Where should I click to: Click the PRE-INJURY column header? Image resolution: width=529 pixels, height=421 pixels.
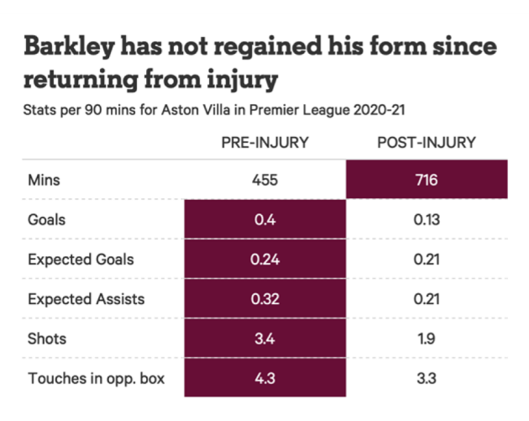click(264, 143)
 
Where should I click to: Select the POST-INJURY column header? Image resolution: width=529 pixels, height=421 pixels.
click(427, 143)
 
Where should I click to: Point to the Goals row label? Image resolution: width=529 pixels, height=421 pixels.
click(46, 219)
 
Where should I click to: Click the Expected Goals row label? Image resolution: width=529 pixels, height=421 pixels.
click(81, 259)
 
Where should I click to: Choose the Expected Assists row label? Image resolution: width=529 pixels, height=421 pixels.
click(86, 298)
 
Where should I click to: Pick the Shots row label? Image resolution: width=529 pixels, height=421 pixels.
click(46, 339)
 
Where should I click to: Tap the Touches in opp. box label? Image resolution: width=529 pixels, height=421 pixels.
click(96, 378)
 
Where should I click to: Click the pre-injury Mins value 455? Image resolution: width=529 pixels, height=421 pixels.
click(265, 179)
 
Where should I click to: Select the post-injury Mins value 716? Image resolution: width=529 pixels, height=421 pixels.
click(427, 179)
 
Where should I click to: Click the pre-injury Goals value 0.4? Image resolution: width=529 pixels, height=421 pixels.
click(265, 219)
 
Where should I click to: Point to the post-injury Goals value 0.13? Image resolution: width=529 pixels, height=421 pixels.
click(427, 219)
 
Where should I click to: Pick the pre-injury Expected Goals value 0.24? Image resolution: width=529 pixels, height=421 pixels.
click(265, 259)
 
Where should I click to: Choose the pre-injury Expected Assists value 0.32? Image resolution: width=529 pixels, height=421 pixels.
click(265, 298)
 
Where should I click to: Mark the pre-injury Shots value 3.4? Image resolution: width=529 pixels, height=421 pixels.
click(265, 339)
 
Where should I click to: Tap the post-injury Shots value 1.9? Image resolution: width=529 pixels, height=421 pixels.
click(427, 339)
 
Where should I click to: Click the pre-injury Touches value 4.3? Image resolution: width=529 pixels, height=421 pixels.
click(265, 378)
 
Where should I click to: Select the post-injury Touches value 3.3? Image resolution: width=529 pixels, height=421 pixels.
click(427, 378)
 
